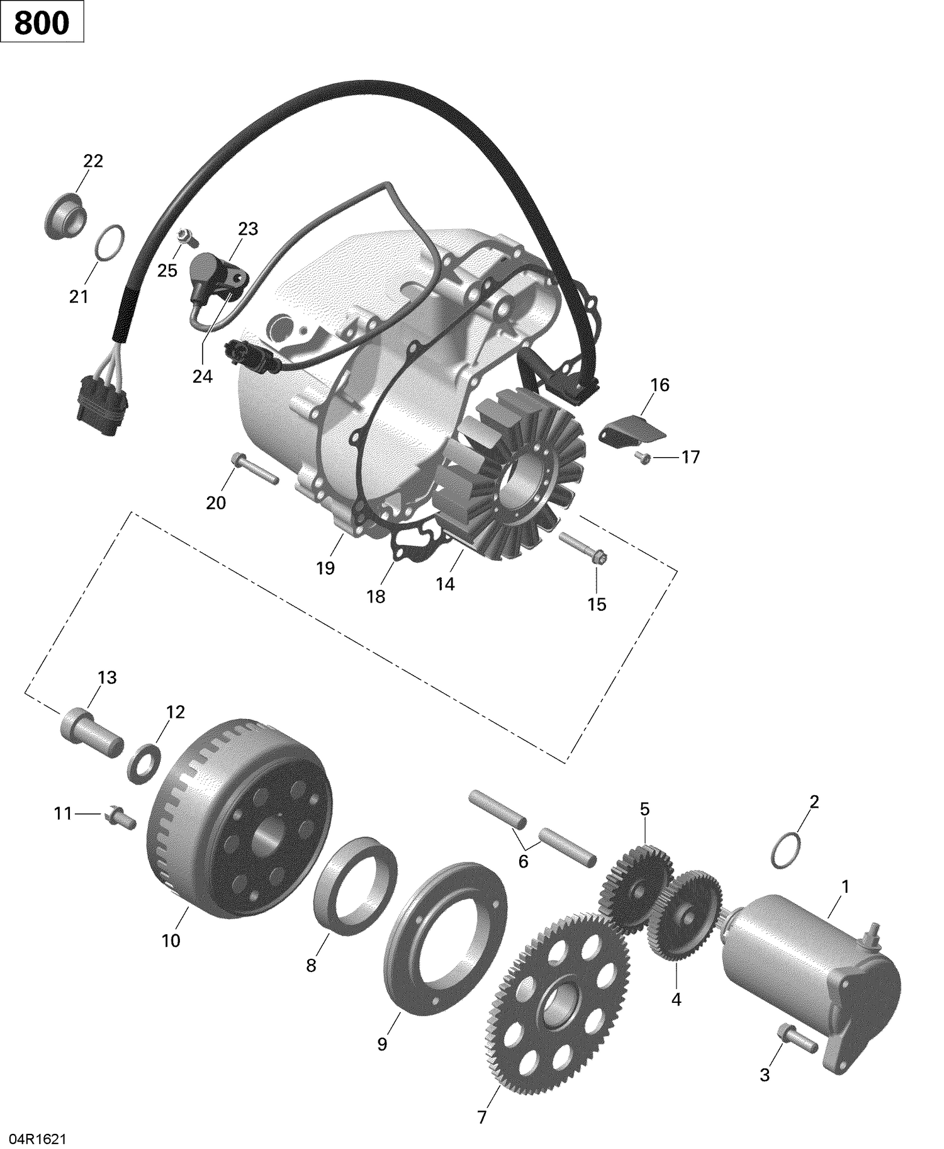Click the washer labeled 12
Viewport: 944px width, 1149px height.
pyautogui.click(x=144, y=762)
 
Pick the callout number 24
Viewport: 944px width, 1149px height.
pyautogui.click(x=203, y=376)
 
